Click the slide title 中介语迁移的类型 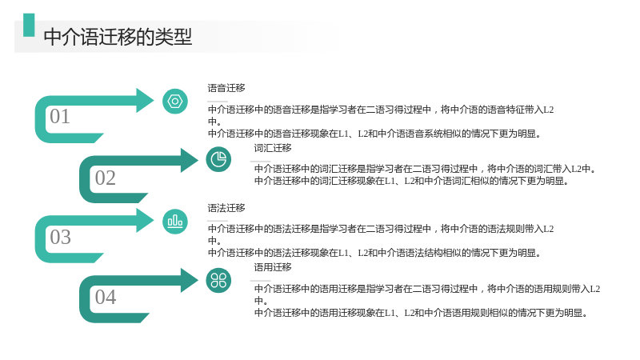[x=118, y=37]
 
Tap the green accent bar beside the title [x=29, y=26]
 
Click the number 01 [x=59, y=116]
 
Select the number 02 [x=106, y=178]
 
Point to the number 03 [x=60, y=237]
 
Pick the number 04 [x=106, y=297]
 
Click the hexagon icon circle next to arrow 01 [x=175, y=102]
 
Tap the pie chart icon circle [x=218, y=159]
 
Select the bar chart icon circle [x=175, y=222]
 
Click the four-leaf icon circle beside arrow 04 [x=218, y=281]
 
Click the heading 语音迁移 [x=226, y=88]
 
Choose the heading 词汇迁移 [x=273, y=148]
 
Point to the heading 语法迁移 [x=226, y=208]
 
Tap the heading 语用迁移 [x=273, y=267]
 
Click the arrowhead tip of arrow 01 [x=154, y=101]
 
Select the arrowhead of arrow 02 [x=190, y=160]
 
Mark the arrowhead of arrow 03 [x=145, y=221]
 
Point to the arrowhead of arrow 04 [x=190, y=280]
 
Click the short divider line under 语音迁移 [x=218, y=102]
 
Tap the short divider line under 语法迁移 [x=218, y=221]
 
